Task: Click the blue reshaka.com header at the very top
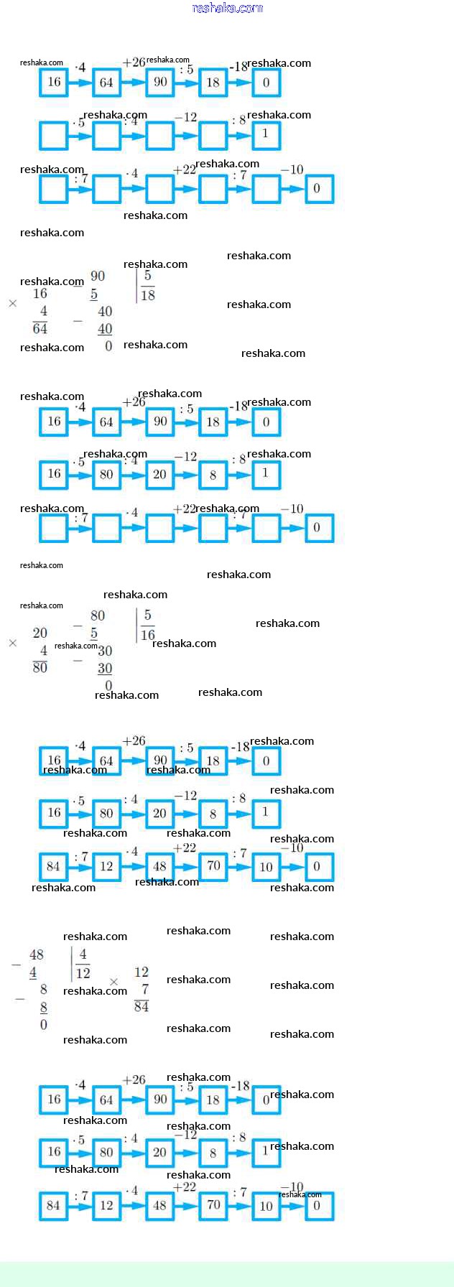227,8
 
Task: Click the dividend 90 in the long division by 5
98,276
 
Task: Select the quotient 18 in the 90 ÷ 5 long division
147,295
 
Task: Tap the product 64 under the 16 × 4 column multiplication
40,328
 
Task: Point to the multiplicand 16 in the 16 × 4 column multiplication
40,294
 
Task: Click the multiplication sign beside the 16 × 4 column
12,304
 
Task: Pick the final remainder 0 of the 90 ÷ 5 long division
108,346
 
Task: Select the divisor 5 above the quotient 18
147,276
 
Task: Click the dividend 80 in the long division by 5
98,615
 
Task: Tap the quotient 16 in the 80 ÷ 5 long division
147,635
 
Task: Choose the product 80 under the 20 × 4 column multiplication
40,667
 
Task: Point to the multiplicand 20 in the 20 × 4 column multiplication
40,633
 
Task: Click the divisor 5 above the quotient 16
147,615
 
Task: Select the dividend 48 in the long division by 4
37,954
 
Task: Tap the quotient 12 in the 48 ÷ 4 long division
83,973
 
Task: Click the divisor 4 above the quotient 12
83,954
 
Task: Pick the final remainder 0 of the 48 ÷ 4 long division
44,1025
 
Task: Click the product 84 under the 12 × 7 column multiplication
142,1006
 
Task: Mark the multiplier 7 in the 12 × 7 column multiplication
144,989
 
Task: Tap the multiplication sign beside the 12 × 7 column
114,982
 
